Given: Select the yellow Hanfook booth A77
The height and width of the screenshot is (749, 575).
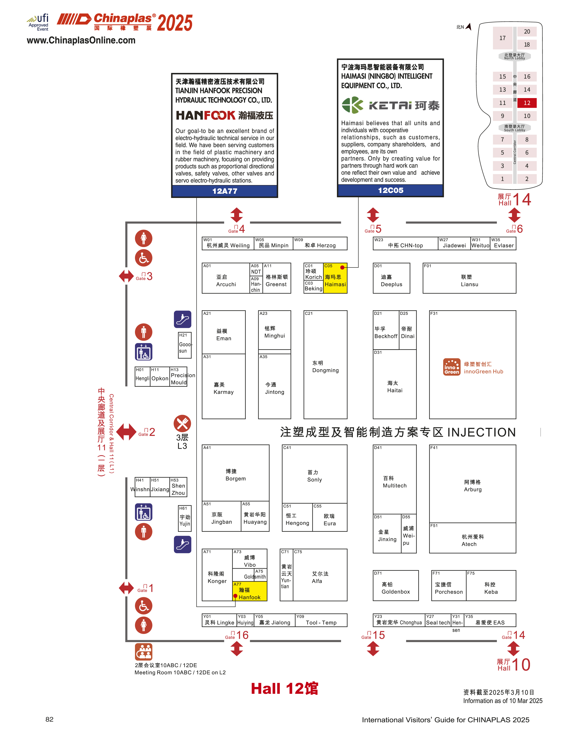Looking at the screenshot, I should (250, 593).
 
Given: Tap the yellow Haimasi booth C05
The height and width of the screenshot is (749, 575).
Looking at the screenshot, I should (335, 278).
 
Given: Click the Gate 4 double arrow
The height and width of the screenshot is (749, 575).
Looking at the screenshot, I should (236, 215).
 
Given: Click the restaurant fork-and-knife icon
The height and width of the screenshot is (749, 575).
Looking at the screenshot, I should (182, 424).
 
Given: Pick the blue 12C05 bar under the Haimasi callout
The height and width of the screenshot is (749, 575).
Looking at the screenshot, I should (390, 190).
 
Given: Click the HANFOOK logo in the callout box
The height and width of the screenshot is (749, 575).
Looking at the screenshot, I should (206, 115).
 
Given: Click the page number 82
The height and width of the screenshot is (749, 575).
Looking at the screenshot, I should (49, 719).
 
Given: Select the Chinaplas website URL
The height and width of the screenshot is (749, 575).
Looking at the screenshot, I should (81, 40).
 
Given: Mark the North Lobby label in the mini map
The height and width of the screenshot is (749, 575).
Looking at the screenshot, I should (514, 56).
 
